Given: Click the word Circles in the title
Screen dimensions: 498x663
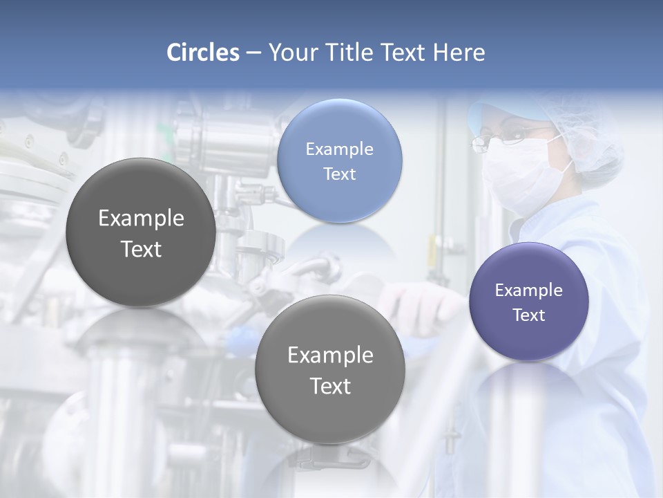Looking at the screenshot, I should point(203,53).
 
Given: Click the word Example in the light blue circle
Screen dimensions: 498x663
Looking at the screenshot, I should point(339,149).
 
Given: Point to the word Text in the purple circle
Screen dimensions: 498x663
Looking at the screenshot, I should point(529,315).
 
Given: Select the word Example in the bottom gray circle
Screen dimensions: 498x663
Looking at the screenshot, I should point(330,356).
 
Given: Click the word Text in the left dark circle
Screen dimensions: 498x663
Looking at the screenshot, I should point(141,250).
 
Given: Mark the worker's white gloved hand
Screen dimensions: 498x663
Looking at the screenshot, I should point(421,304).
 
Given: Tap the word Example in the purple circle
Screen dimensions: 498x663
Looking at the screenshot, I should point(528,290).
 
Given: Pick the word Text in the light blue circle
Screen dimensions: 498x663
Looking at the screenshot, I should point(339,174).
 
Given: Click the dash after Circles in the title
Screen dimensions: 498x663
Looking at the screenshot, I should point(253,53).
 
